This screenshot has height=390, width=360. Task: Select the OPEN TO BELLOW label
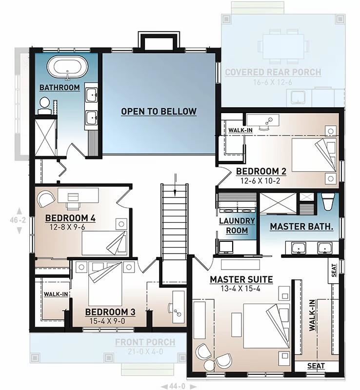pos(159,112)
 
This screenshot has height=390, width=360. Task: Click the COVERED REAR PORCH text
pos(273,73)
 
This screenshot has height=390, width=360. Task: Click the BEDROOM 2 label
pos(260,171)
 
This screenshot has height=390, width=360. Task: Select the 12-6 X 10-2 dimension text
pos(260,180)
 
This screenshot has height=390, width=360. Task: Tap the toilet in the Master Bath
pos(328,201)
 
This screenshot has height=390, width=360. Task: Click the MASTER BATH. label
pos(301,227)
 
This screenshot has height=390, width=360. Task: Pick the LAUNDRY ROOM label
pos(237,225)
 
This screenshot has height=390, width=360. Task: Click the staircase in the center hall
pos(174,219)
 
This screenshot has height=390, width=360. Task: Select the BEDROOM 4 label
pos(70,217)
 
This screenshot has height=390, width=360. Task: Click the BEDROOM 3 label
pos(110,312)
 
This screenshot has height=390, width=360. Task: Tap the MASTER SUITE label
pos(241,280)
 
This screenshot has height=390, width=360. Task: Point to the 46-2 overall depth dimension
pos(19,220)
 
